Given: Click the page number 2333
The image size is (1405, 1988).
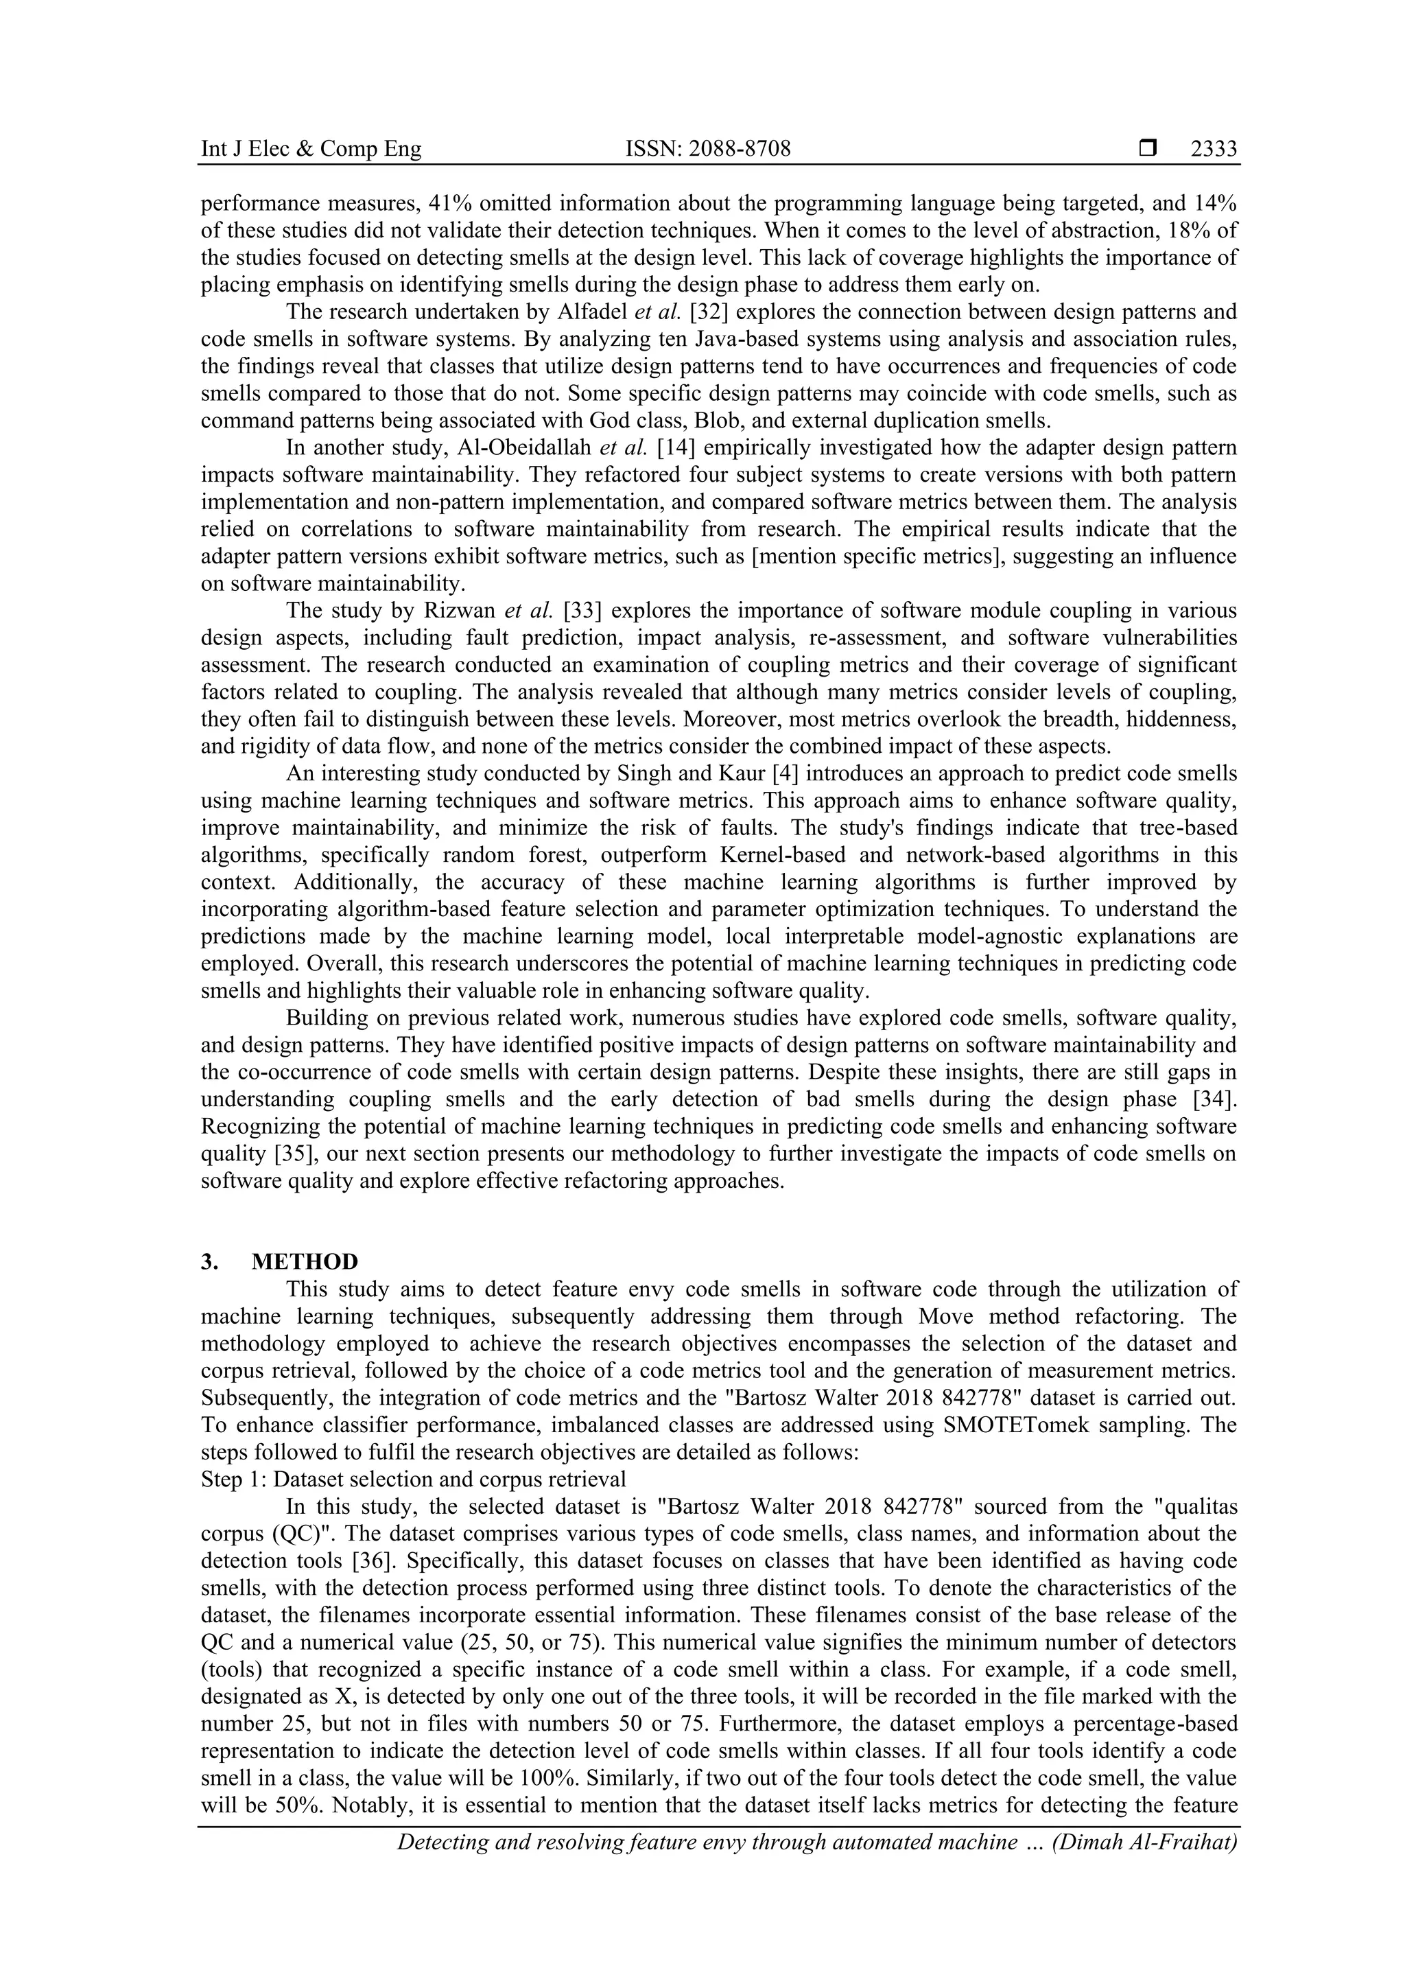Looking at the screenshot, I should [x=1213, y=149].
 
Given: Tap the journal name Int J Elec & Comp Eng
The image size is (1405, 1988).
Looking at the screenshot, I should [x=311, y=149].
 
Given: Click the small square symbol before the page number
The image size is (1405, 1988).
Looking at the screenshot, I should [x=1147, y=149].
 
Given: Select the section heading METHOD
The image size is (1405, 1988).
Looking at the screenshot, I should [x=305, y=1261].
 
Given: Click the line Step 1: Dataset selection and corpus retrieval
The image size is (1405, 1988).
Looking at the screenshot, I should [x=413, y=1479].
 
